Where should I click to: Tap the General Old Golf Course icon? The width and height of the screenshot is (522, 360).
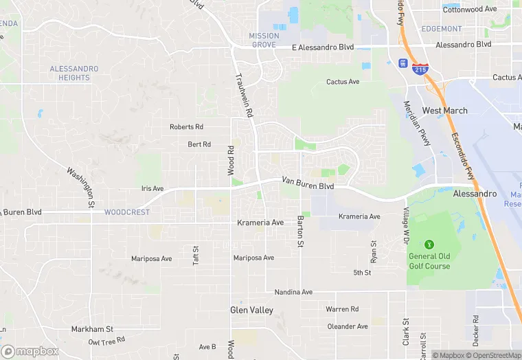click(x=429, y=244)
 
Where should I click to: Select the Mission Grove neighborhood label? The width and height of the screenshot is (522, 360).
click(x=264, y=41)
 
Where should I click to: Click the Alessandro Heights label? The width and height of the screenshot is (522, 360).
click(x=74, y=74)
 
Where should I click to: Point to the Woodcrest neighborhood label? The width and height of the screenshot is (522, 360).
click(x=127, y=212)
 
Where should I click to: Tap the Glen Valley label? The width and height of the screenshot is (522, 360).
click(x=251, y=311)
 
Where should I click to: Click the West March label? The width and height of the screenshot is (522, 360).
click(x=444, y=111)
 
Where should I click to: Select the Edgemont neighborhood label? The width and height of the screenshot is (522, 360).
click(x=442, y=29)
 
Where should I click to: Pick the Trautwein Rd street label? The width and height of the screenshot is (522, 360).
click(x=245, y=95)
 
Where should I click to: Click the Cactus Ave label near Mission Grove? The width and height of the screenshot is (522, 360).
click(x=343, y=82)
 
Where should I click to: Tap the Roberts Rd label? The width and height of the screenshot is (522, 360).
click(x=187, y=127)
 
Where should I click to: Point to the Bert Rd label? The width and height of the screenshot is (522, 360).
click(x=199, y=144)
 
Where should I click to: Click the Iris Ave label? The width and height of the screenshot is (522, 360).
click(x=152, y=188)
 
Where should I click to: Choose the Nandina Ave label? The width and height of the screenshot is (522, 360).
click(x=293, y=292)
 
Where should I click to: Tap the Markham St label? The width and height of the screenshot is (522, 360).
click(x=92, y=330)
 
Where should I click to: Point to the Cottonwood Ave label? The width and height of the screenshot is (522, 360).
click(x=470, y=10)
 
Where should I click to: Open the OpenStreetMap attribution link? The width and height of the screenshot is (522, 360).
click(x=493, y=355)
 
